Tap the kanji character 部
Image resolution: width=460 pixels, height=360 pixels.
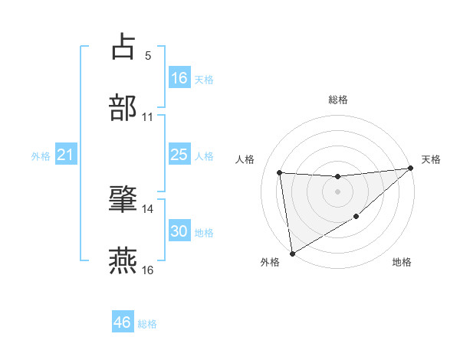click(x=123, y=107)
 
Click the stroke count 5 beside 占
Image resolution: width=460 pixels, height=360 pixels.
click(x=148, y=55)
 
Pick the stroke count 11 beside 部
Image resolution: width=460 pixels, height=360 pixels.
click(x=148, y=117)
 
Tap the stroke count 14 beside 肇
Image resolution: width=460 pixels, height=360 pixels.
click(x=148, y=208)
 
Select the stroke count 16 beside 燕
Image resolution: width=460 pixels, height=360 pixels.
click(x=148, y=270)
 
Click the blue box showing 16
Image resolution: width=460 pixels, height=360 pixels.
click(x=179, y=78)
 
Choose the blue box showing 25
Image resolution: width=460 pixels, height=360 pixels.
click(x=179, y=155)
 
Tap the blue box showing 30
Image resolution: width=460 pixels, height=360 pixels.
click(x=179, y=231)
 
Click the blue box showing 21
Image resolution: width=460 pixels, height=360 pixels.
click(x=66, y=155)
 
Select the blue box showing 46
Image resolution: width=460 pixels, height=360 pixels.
click(x=123, y=322)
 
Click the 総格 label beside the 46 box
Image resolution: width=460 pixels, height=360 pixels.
click(x=147, y=324)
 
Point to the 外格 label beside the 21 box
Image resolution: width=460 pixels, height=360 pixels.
click(x=41, y=156)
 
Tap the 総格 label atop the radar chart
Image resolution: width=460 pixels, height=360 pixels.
click(x=337, y=100)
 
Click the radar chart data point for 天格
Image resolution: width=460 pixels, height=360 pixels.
click(x=410, y=169)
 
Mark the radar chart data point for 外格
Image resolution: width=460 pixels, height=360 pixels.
click(x=292, y=253)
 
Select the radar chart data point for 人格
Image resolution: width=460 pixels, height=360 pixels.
click(x=280, y=172)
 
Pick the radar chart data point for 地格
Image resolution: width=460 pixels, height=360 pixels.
click(x=356, y=218)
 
